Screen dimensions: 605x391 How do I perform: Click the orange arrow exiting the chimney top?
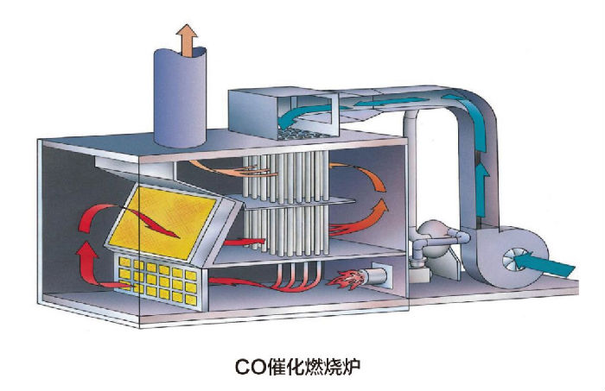click(188, 41)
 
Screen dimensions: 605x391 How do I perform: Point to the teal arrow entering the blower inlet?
click(544, 263)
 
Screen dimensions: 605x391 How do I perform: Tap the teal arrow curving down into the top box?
click(305, 113)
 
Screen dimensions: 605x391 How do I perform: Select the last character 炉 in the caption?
click(351, 366)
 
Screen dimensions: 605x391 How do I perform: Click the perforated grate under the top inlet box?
click(304, 134)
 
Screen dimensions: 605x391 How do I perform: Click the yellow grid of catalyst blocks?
click(159, 281)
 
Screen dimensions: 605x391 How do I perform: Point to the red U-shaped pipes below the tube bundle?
click(296, 278)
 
